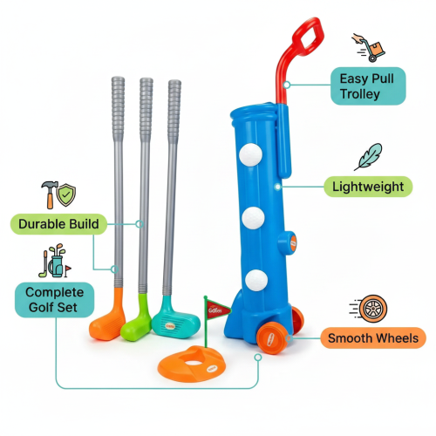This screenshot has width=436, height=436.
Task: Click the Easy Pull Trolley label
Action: point(368,86)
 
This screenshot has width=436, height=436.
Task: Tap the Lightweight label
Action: point(368,187)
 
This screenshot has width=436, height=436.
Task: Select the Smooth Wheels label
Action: point(373,338)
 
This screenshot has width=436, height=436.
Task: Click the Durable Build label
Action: point(58,224)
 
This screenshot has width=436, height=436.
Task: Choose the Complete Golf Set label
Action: point(54,300)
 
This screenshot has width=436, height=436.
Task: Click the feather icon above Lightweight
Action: point(368,157)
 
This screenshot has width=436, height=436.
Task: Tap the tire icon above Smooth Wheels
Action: point(369,309)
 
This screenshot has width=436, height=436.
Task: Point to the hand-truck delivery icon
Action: point(369,47)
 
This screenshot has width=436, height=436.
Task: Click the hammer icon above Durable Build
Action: point(49,194)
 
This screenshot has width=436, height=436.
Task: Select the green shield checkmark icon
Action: point(66,194)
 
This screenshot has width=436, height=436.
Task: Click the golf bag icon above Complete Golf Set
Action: point(55,261)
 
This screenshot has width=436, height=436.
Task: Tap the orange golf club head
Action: point(108,319)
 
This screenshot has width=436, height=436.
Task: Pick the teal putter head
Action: point(175,321)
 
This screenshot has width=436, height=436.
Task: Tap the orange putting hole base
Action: point(192,364)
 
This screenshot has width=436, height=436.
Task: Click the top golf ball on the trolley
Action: point(250,154)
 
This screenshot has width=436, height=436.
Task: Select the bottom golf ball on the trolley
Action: point(256,281)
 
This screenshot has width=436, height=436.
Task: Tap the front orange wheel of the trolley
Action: point(272,338)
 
